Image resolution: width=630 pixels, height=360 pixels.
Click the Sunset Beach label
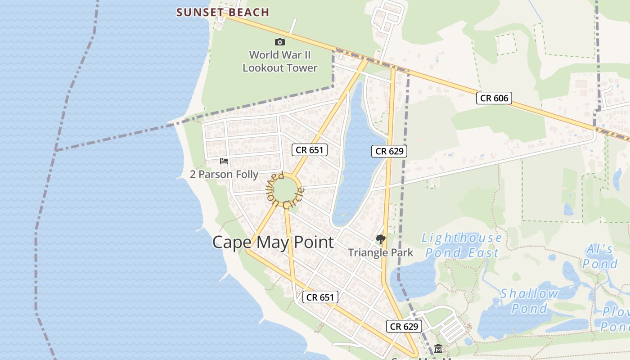pos(223,12)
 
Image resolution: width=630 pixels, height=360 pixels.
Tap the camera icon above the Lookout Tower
pos(280,42)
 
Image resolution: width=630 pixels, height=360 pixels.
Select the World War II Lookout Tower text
pos(280,62)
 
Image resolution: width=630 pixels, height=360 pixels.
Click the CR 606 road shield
pos(494,98)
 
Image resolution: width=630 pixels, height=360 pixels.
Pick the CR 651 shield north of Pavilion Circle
pos(310,150)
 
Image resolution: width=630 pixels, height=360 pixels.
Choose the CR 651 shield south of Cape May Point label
pos(320,297)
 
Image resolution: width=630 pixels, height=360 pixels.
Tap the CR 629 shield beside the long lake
pos(389,151)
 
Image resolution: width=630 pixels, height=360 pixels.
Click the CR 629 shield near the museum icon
pos(404,326)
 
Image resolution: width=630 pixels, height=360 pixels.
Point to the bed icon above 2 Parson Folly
pos(224,161)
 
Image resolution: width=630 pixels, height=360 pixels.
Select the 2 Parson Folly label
pos(224,174)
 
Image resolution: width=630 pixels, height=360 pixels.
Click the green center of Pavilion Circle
pos(285,189)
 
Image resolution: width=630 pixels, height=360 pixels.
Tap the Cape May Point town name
pos(273,242)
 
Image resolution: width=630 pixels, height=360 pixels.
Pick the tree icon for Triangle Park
pos(380,239)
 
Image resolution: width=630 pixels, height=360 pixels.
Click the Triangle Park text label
pos(380,252)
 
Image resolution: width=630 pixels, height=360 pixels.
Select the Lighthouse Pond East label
pos(462,245)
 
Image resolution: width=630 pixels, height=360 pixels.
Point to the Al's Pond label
pos(599,256)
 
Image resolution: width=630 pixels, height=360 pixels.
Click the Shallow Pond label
pos(529,301)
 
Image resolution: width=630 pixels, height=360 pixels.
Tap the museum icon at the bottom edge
pos(438,349)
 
